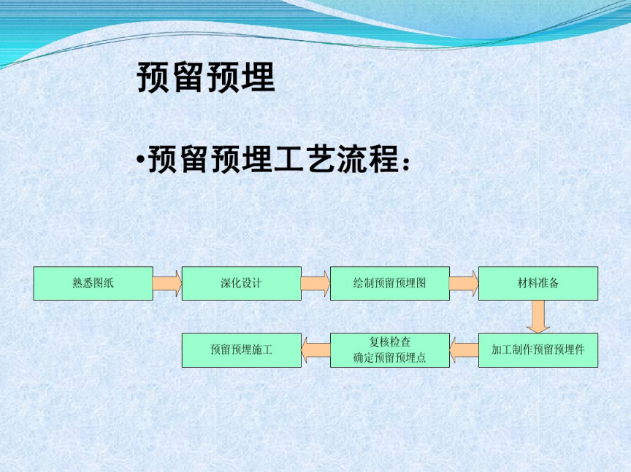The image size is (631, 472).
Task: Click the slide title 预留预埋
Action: [x=206, y=77]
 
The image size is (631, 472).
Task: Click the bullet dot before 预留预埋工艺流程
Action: [x=140, y=160]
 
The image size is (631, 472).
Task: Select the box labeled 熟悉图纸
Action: [x=93, y=283]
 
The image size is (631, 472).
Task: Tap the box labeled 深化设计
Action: [x=242, y=283]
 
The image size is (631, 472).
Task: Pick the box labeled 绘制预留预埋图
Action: [x=389, y=283]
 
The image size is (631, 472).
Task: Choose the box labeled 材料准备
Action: [x=538, y=283]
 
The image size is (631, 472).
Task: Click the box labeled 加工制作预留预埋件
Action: [x=538, y=349]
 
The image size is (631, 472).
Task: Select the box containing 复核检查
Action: [x=389, y=349]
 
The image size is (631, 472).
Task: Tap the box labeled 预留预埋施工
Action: [x=242, y=349]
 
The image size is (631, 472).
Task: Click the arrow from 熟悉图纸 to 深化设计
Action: [x=167, y=283]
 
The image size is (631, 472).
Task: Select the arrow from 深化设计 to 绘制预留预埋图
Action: [x=315, y=283]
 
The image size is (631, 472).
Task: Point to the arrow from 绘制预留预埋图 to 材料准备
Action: [x=464, y=283]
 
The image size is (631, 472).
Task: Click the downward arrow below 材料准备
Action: [x=538, y=317]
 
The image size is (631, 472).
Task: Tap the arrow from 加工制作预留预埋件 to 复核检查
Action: [x=464, y=349]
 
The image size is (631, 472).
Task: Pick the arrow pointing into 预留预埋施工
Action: [x=316, y=349]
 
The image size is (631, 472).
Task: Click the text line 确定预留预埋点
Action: [x=389, y=357]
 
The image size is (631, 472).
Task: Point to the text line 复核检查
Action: [x=389, y=342]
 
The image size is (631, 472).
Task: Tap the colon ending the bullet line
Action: [x=405, y=163]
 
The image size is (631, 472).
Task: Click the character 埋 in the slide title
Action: [x=259, y=77]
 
